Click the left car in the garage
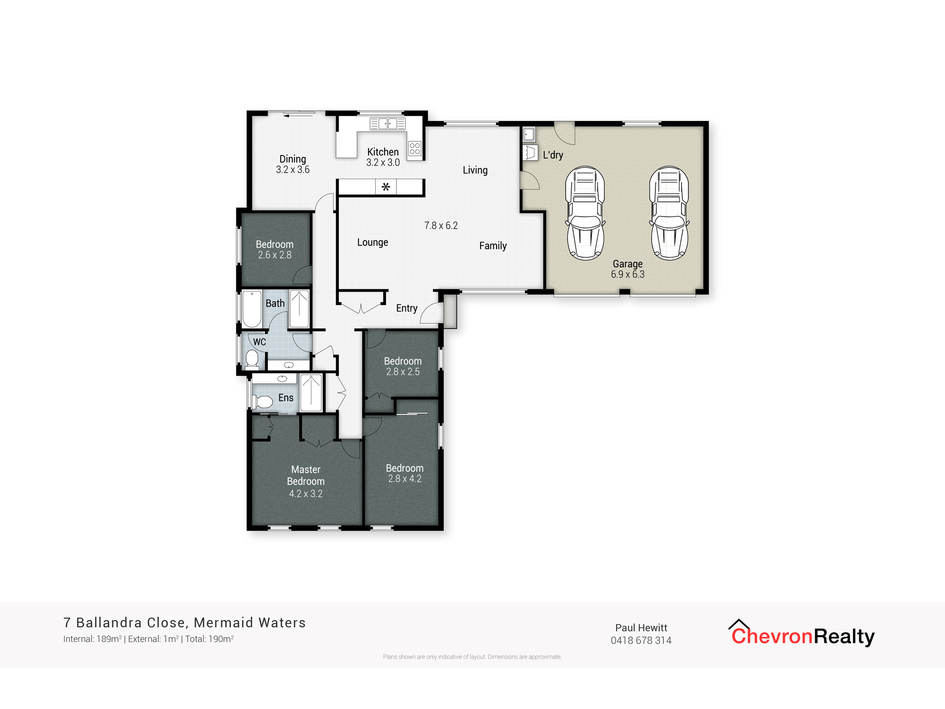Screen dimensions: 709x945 click(585, 213)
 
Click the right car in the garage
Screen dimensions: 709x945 click(669, 213)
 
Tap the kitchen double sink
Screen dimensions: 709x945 click(387, 124)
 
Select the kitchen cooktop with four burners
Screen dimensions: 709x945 click(415, 148)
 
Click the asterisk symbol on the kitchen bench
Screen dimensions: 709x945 click(386, 187)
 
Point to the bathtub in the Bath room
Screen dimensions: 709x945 click(252, 309)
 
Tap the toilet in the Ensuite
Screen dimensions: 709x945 click(264, 402)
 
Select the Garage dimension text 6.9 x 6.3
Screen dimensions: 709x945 click(627, 275)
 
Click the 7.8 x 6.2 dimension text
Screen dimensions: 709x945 click(441, 226)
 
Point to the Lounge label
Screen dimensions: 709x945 click(372, 242)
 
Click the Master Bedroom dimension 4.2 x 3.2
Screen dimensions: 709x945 click(306, 494)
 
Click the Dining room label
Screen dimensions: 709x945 click(292, 159)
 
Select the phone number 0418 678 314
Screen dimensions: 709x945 click(641, 640)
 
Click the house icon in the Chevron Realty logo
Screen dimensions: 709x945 click(739, 625)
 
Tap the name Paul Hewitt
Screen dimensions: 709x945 click(641, 628)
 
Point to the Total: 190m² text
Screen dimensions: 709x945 click(209, 639)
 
